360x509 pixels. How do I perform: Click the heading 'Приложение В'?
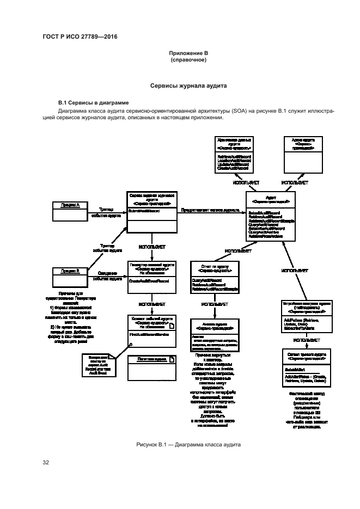coord(188,53)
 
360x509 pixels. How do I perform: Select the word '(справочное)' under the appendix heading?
coord(188,60)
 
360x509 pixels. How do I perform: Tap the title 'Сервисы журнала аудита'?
coord(188,86)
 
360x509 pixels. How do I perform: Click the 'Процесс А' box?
coord(70,205)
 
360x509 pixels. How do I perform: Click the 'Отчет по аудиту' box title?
coord(213,268)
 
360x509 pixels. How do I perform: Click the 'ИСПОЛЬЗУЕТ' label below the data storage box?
coord(246,182)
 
